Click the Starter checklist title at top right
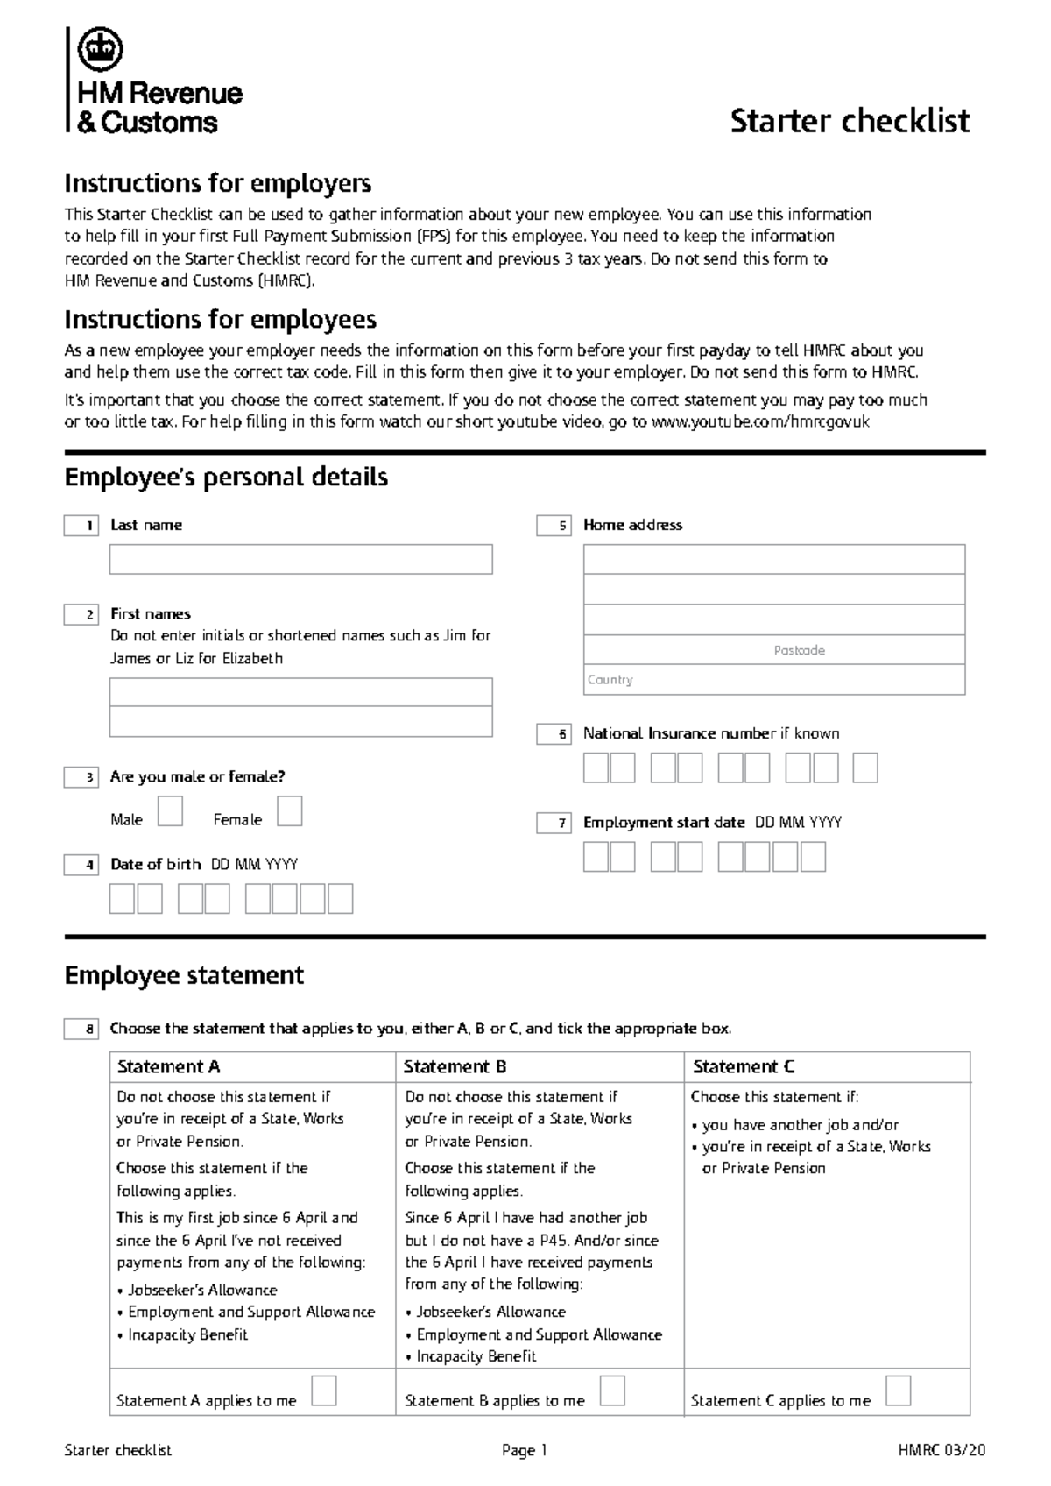point(849,121)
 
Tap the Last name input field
point(300,560)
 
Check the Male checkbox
point(170,811)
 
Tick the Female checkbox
point(289,811)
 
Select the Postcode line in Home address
point(773,650)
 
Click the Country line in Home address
point(773,680)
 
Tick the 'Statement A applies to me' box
point(324,1390)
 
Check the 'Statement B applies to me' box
point(612,1390)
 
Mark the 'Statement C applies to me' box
point(898,1390)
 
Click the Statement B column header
point(455,1067)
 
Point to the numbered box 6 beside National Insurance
point(554,734)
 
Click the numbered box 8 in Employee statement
point(81,1030)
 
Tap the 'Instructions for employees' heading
point(221,319)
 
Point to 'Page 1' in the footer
point(524,1451)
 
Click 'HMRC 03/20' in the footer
point(942,1451)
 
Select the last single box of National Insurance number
point(864,768)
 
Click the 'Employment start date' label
point(664,823)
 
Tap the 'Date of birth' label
point(156,865)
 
